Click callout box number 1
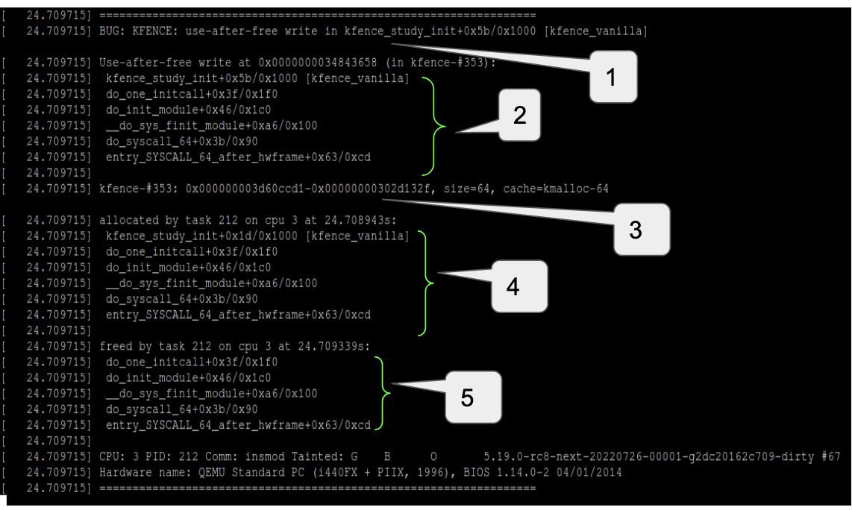pyautogui.click(x=613, y=77)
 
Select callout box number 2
pyautogui.click(x=519, y=116)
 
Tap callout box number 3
pyautogui.click(x=634, y=230)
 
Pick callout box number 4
pyautogui.click(x=513, y=286)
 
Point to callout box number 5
pyautogui.click(x=467, y=397)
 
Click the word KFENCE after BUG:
pyautogui.click(x=145, y=31)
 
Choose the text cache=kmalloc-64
pyautogui.click(x=556, y=189)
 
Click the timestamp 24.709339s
pyautogui.click(x=336, y=346)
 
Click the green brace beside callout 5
pyautogui.click(x=383, y=393)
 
